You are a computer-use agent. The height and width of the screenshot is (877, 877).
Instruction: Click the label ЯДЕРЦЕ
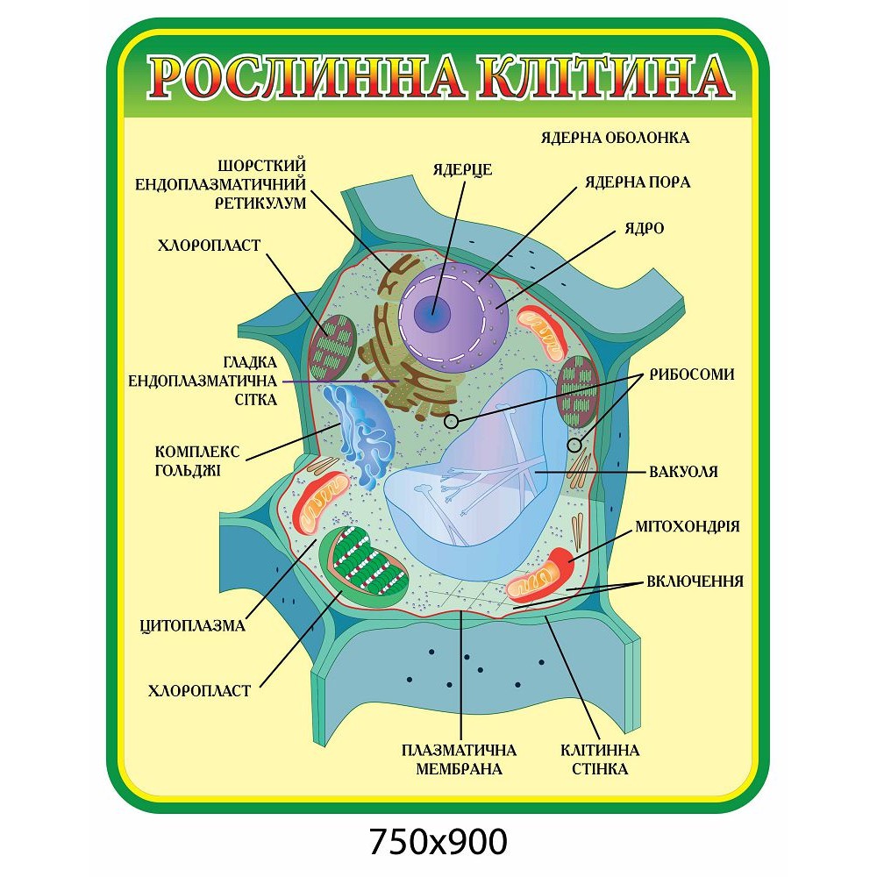click(462, 169)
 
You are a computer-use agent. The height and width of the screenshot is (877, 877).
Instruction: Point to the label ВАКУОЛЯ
click(683, 472)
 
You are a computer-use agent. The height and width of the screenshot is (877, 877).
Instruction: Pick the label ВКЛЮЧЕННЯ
click(695, 581)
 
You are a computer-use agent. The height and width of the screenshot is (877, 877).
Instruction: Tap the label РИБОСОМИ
click(692, 374)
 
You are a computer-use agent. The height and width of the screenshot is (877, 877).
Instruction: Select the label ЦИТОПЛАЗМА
click(193, 626)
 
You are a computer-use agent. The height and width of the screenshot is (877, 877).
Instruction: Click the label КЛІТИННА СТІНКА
click(600, 759)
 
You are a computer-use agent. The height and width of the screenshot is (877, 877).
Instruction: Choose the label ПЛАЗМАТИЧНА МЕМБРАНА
click(459, 759)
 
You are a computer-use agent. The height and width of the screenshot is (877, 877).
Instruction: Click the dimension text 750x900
click(438, 841)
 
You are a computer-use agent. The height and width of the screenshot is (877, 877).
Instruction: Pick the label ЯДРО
click(644, 228)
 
